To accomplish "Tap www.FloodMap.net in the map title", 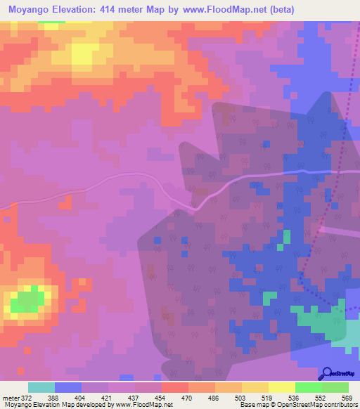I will coord(220,9).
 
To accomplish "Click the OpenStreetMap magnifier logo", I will coord(325,375).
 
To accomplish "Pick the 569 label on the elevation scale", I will coord(346,398).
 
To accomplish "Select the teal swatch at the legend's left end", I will coord(41,387).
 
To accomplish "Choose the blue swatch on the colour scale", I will coord(68,387).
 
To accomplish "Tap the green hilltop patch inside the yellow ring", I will coord(28,301).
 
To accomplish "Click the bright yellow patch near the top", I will coord(84,53).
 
